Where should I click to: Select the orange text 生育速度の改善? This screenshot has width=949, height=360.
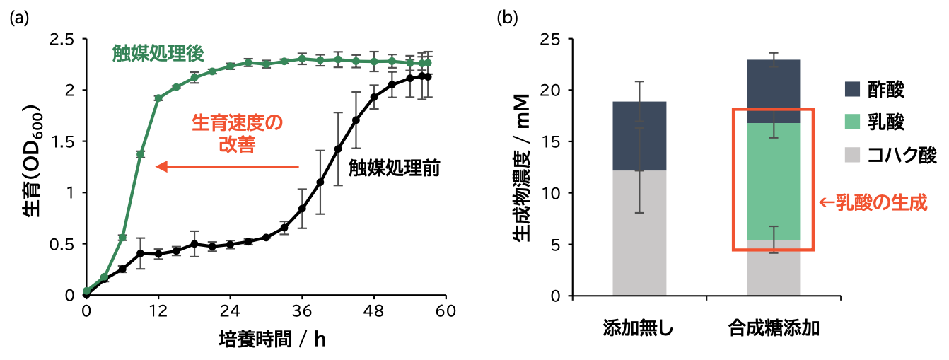tap(238, 134)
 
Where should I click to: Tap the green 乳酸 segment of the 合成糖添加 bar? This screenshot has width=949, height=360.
tap(774, 181)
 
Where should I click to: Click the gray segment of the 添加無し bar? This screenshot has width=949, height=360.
tap(639, 233)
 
